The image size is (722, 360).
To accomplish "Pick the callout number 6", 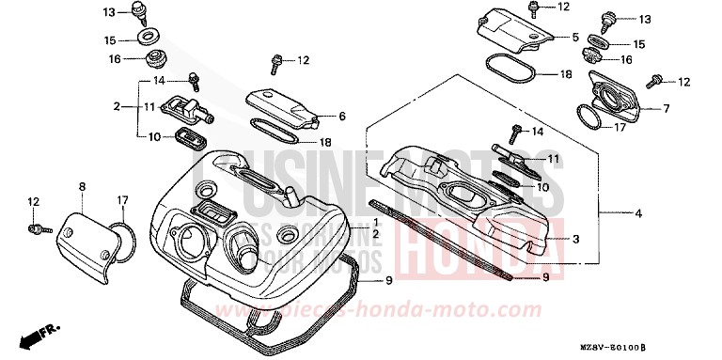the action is [x=342, y=116].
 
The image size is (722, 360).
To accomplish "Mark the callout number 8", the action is [x=82, y=187].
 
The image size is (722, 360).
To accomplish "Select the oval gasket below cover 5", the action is [x=511, y=70].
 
